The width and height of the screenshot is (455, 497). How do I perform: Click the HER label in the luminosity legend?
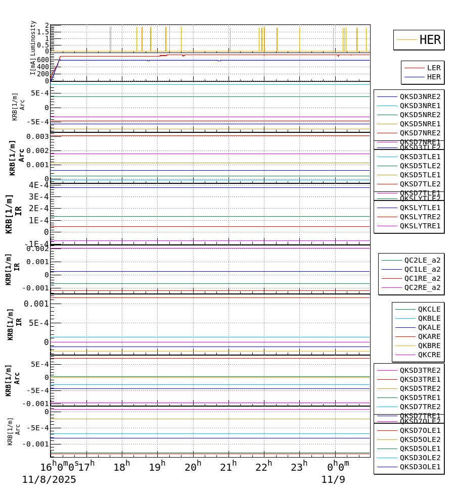click(x=430, y=40)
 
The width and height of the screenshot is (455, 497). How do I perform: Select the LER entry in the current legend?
click(x=433, y=68)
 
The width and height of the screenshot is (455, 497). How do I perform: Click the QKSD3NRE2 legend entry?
click(x=420, y=96)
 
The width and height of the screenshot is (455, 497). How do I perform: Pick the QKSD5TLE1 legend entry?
click(x=420, y=175)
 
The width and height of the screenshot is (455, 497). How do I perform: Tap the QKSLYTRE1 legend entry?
click(x=420, y=226)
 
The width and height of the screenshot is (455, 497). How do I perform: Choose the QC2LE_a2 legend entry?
click(x=422, y=260)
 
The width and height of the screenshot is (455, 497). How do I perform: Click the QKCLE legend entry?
click(x=429, y=309)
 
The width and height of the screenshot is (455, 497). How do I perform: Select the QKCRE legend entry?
click(x=429, y=355)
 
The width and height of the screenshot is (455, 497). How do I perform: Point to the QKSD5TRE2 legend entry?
click(x=420, y=388)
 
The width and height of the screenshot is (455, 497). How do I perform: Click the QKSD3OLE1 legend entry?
click(x=420, y=467)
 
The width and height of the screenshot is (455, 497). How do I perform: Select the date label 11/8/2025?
click(x=49, y=480)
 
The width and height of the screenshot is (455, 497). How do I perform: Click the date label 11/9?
click(x=333, y=480)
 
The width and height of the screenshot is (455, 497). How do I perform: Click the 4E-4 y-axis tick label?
click(x=38, y=185)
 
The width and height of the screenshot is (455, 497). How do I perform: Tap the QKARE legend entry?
click(x=429, y=336)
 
